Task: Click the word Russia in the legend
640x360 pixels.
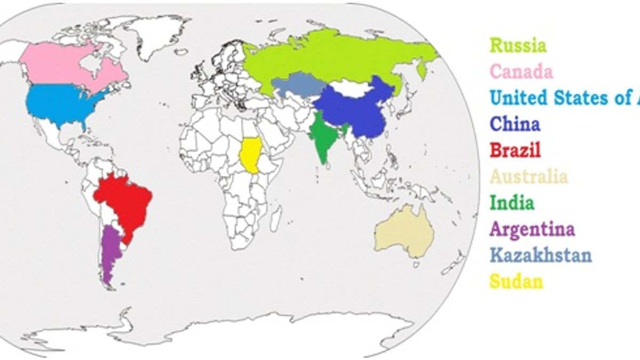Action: pos(518,45)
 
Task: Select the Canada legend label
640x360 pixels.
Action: pos(521,71)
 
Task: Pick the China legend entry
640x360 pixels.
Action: pos(515,124)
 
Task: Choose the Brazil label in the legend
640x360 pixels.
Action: pos(515,150)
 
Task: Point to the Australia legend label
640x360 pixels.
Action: pos(529,177)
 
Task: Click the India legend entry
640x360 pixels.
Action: pos(511,203)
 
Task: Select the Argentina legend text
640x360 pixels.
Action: pos(532,229)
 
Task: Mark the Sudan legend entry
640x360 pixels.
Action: pos(516,281)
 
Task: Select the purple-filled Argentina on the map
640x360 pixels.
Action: pos(110,253)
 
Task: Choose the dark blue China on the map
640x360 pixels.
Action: pos(355,109)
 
